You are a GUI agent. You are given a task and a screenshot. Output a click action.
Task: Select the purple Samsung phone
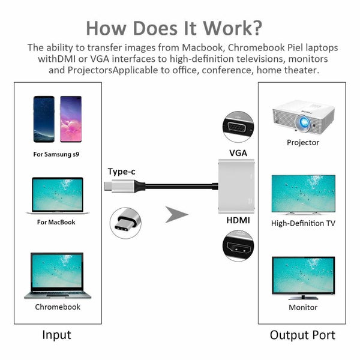pos(71,119)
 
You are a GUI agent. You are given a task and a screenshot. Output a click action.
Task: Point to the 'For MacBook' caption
pos(56,222)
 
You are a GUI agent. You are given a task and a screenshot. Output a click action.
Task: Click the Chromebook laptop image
pos(58,275)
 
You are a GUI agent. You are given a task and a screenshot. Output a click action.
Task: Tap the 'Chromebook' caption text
pos(58,307)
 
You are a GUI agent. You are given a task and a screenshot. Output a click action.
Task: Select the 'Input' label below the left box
pos(56,335)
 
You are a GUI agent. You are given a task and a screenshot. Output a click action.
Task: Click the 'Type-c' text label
pos(121,172)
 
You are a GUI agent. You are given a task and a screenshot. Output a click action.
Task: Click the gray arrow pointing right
pos(176,214)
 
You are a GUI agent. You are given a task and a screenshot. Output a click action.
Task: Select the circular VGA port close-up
pos(238,126)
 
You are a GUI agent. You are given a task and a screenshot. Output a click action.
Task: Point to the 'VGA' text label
pos(238,154)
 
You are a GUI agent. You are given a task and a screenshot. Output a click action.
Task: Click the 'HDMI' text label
pos(238,220)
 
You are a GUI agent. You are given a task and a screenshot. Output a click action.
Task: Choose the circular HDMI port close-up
pos(238,248)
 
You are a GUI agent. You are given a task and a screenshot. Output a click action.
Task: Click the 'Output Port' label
pos(302,335)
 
